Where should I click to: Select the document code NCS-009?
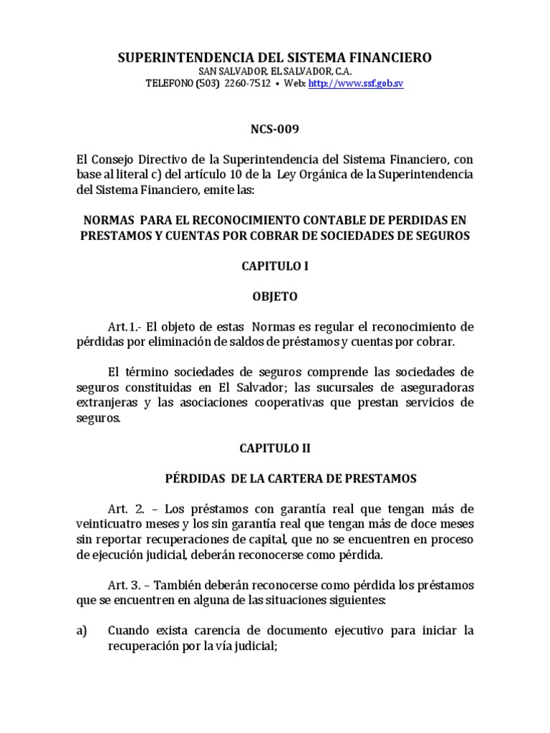pos(274,130)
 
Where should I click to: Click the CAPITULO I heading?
pos(274,266)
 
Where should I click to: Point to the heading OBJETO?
pos(274,296)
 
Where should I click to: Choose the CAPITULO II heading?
pos(274,447)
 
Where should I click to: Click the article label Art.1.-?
pos(122,327)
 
